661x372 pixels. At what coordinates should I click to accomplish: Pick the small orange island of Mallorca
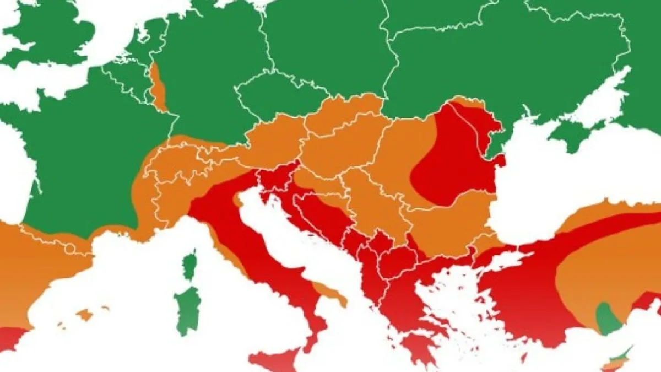click(x=84, y=315)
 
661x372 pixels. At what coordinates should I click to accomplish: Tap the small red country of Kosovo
click(x=381, y=243)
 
